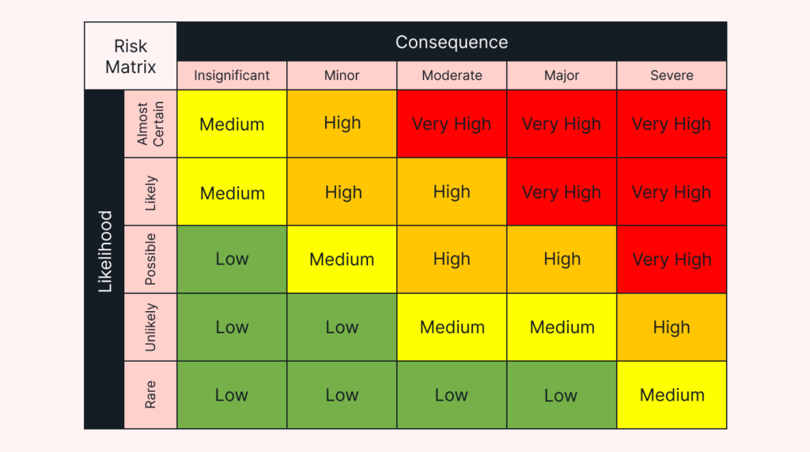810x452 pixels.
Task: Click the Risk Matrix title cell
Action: [x=131, y=56]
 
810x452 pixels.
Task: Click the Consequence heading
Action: [x=452, y=42]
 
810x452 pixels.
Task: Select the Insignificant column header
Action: [x=232, y=76]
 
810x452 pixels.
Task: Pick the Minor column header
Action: [x=342, y=76]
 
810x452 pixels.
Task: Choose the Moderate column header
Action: [x=452, y=76]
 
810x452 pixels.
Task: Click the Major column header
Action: [x=562, y=76]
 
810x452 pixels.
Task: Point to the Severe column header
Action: [x=672, y=76]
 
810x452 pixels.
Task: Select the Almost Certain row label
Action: [x=150, y=123]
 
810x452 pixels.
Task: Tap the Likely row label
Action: [x=150, y=192]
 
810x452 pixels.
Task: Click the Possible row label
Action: [x=150, y=260]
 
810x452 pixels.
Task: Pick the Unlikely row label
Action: [x=150, y=328]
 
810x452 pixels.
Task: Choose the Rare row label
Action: [x=150, y=395]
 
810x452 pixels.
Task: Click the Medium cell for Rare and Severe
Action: [x=672, y=395]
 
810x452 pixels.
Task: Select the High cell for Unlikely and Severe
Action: [x=672, y=328]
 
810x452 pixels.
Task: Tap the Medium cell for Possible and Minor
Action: [x=342, y=260]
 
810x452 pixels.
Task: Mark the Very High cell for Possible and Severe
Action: [x=672, y=260]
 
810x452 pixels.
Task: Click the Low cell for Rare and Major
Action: [x=562, y=395]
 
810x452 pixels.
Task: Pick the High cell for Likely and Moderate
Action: [x=452, y=192]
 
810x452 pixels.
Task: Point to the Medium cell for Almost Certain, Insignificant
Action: [x=232, y=124]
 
